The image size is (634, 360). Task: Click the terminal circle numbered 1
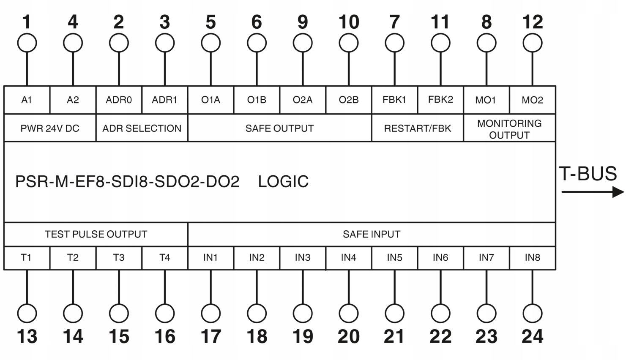click(27, 43)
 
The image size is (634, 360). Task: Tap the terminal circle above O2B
click(349, 43)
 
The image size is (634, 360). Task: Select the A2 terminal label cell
click(73, 100)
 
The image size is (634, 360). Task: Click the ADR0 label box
click(119, 100)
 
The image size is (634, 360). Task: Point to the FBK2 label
click(440, 100)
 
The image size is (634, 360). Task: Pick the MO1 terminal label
click(486, 100)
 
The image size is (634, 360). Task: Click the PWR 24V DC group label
click(50, 128)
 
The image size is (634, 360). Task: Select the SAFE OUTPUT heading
click(279, 128)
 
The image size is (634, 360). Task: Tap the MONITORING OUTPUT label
click(509, 129)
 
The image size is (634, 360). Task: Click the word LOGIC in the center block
click(283, 182)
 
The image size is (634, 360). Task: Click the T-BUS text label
click(588, 174)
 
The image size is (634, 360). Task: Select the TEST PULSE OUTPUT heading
click(96, 234)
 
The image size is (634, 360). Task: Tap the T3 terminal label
click(119, 258)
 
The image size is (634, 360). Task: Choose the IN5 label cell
click(394, 258)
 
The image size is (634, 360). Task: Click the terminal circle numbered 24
click(532, 314)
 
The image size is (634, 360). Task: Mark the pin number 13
click(27, 337)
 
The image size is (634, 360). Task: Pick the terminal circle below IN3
click(303, 314)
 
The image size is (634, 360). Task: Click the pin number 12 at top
click(532, 22)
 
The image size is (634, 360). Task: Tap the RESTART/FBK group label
click(418, 128)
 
